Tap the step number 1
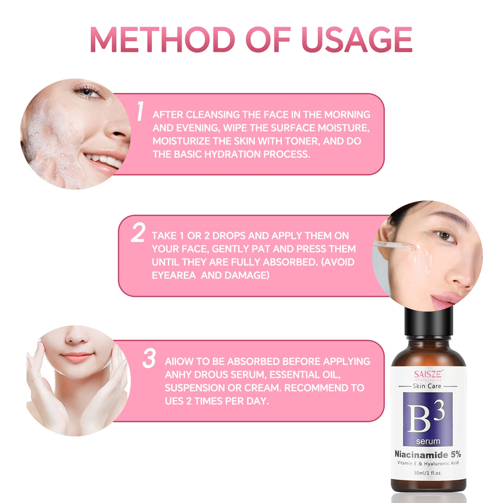point(140,111)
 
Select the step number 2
point(138,233)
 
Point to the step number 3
point(149,358)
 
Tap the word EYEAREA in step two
point(174,275)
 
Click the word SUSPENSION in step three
point(195,388)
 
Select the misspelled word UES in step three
point(174,401)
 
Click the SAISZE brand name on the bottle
point(428,375)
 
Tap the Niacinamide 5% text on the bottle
point(427,454)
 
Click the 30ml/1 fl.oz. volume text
point(427,473)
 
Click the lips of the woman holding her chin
point(77,356)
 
